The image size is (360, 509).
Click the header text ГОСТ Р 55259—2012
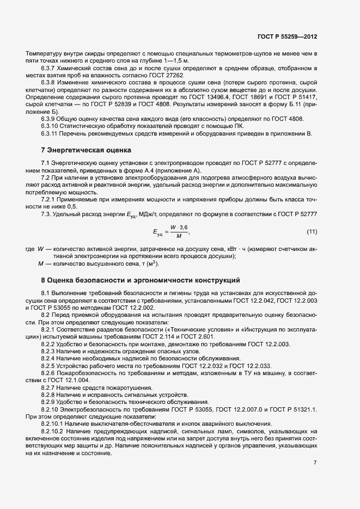[x=287, y=37]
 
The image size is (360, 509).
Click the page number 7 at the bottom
[x=315, y=462]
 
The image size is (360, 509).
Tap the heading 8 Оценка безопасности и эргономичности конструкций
[x=141, y=280]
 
